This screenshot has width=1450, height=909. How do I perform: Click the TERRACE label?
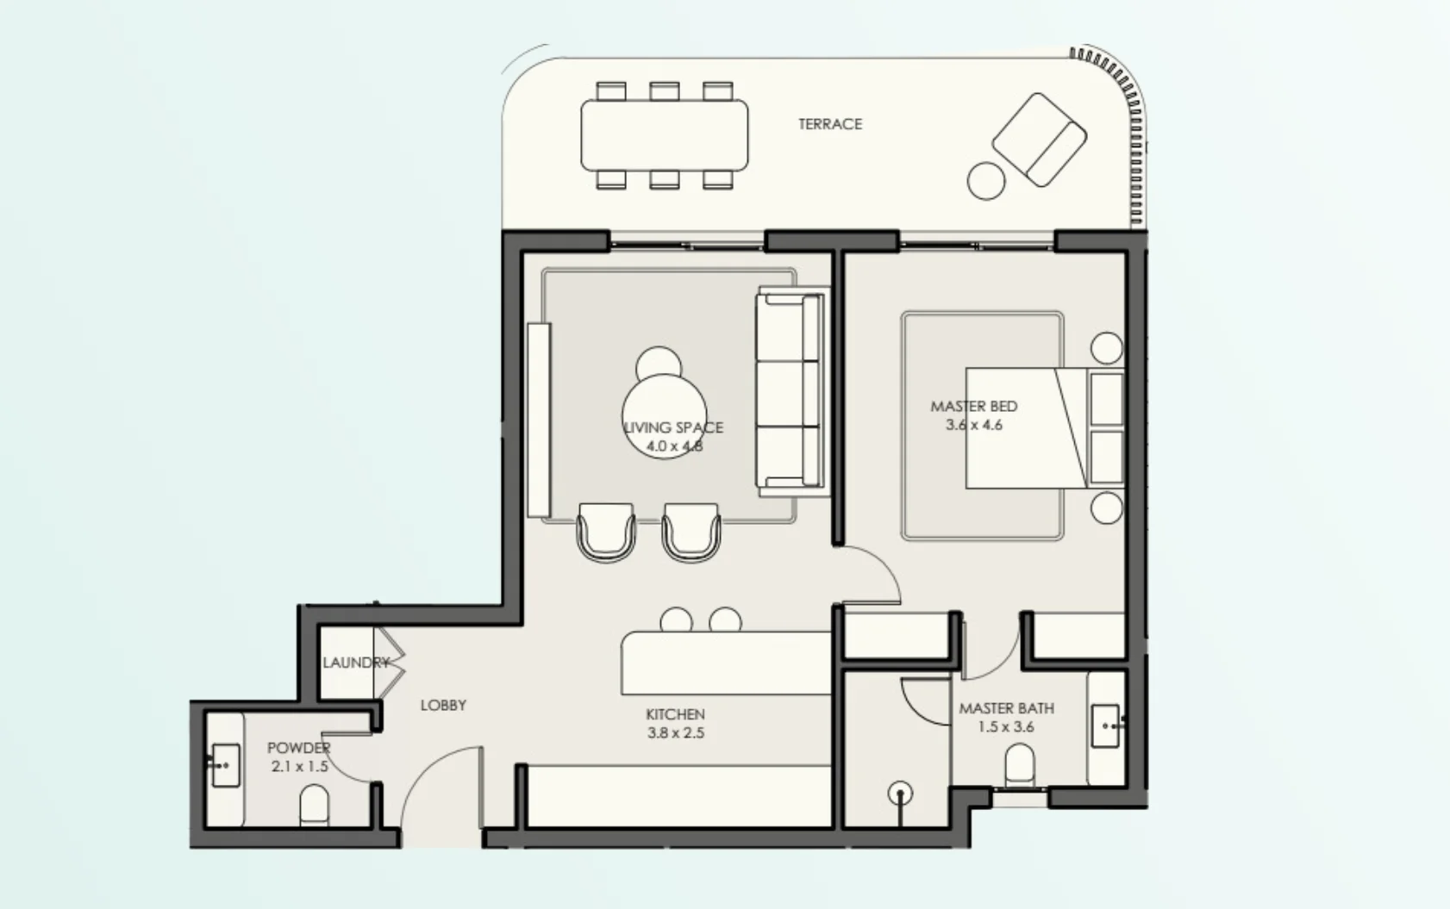pyautogui.click(x=830, y=124)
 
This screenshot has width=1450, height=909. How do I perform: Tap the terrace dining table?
pyautogui.click(x=664, y=135)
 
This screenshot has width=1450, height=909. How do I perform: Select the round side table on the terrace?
pyautogui.click(x=986, y=180)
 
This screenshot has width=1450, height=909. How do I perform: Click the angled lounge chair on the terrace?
pyautogui.click(x=1039, y=140)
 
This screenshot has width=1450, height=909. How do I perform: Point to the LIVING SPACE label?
pyautogui.click(x=673, y=427)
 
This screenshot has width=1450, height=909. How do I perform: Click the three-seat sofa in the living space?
pyautogui.click(x=791, y=391)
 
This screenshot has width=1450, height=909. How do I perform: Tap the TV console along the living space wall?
pyautogui.click(x=539, y=420)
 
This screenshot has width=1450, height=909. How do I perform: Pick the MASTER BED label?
pyautogui.click(x=973, y=407)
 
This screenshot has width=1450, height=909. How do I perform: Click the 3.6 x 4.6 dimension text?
pyautogui.click(x=973, y=425)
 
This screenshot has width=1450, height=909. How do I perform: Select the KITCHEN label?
pyautogui.click(x=675, y=714)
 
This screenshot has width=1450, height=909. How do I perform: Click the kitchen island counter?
pyautogui.click(x=726, y=663)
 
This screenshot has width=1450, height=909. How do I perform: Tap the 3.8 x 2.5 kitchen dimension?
pyautogui.click(x=675, y=733)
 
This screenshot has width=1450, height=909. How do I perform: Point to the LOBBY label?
pyautogui.click(x=443, y=705)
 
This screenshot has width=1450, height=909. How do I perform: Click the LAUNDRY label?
pyautogui.click(x=356, y=663)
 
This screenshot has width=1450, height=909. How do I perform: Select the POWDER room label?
pyautogui.click(x=299, y=748)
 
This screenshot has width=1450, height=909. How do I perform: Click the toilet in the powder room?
pyautogui.click(x=315, y=805)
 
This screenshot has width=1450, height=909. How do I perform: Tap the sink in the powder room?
pyautogui.click(x=225, y=765)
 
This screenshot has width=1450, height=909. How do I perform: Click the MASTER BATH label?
pyautogui.click(x=1007, y=708)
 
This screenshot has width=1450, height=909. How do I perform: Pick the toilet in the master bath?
pyautogui.click(x=1020, y=765)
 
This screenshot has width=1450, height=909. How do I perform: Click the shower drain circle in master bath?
pyautogui.click(x=900, y=793)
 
